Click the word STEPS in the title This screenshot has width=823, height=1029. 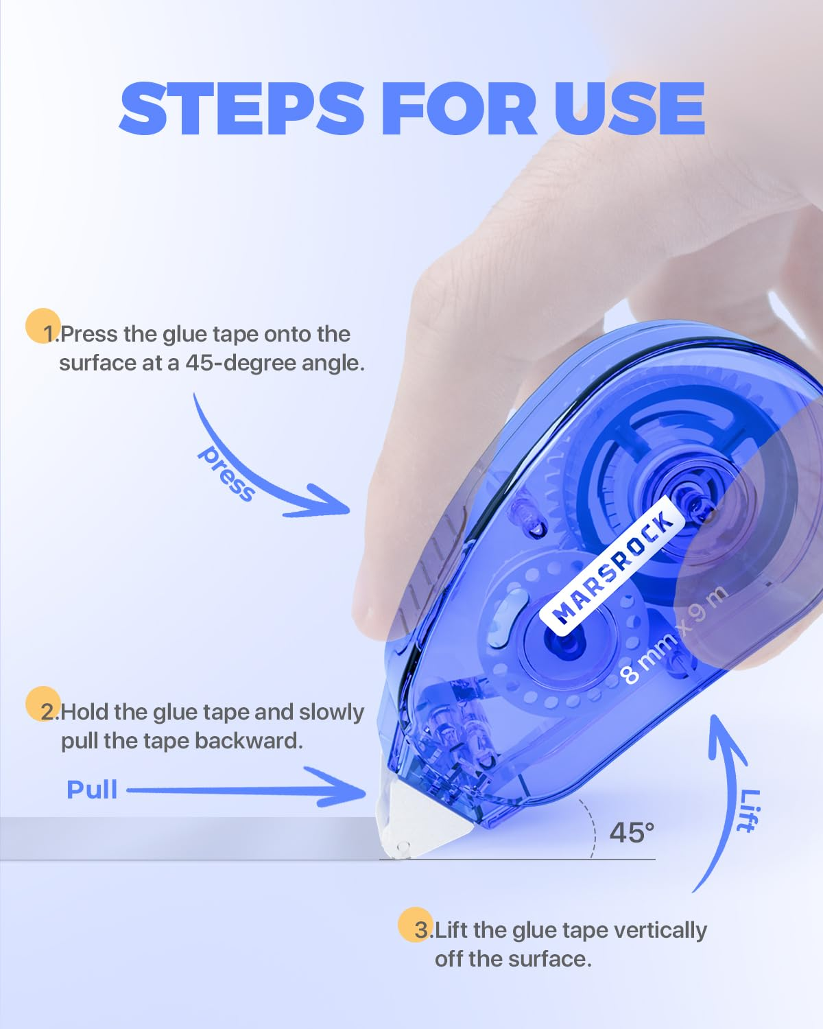241,108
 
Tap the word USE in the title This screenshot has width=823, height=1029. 630,108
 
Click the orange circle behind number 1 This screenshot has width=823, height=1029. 43,326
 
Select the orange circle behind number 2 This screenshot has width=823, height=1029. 43,704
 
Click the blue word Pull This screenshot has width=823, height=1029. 92,790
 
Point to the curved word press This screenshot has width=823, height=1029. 226,473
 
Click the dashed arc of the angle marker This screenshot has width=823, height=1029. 593,829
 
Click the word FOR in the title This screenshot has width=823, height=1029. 459,108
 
